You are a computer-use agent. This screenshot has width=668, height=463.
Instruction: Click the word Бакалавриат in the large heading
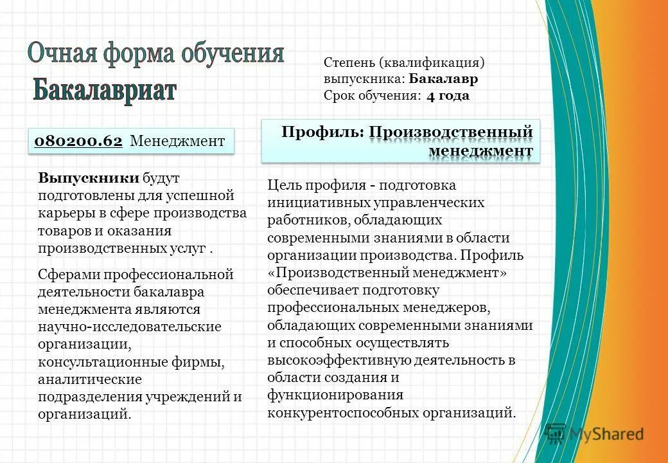pyautogui.click(x=104, y=91)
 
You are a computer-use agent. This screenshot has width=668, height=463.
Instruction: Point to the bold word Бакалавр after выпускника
pyautogui.click(x=444, y=79)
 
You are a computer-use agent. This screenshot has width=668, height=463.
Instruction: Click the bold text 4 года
pyautogui.click(x=448, y=96)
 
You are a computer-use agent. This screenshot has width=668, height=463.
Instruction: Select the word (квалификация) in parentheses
pyautogui.click(x=431, y=62)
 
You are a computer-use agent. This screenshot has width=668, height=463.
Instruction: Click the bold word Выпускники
pyautogui.click(x=88, y=177)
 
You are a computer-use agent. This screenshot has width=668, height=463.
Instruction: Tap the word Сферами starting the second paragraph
pyautogui.click(x=66, y=275)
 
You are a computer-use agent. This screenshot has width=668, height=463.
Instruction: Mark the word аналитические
pyautogui.click(x=89, y=379)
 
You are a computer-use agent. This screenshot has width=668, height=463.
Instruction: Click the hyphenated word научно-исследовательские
pyautogui.click(x=129, y=327)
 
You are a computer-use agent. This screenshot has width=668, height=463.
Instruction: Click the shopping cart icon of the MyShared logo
pyautogui.click(x=555, y=434)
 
